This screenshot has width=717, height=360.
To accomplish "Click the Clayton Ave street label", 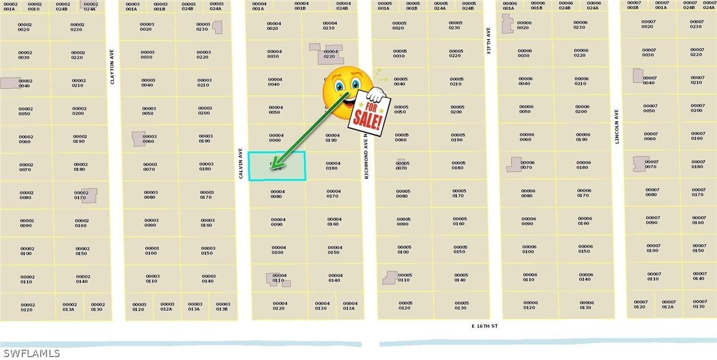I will [112, 66].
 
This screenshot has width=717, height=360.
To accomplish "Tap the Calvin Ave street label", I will [241, 164].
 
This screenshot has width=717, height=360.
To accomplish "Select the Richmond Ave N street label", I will [366, 156].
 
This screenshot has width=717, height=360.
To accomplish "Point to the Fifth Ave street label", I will [489, 41].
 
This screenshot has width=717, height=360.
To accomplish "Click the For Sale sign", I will [369, 112].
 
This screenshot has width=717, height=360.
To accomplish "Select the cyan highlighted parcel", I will [278, 166].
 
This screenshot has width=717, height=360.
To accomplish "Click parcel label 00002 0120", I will [28, 307].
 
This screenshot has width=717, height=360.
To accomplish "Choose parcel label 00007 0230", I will [696, 24].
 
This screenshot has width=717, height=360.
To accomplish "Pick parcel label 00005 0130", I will [462, 306].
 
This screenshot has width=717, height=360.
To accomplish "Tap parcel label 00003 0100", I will [152, 251].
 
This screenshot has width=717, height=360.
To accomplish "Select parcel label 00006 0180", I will [583, 165].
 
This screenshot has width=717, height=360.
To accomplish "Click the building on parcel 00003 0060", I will [138, 139].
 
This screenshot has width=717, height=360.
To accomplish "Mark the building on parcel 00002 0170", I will [89, 195].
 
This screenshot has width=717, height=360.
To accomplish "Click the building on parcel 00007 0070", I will [640, 164].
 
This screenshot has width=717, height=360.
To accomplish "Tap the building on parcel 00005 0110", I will [390, 278].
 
